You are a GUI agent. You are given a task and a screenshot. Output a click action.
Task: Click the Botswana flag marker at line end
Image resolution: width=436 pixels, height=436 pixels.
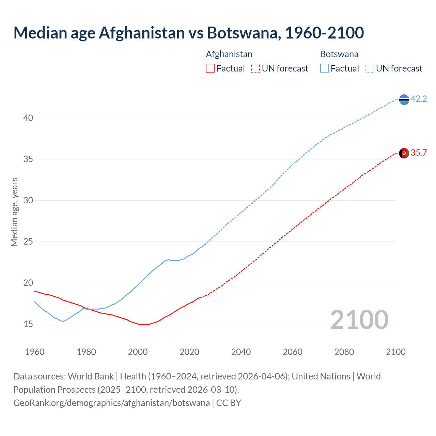404,99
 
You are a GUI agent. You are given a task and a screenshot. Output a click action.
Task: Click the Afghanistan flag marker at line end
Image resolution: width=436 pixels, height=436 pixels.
404,153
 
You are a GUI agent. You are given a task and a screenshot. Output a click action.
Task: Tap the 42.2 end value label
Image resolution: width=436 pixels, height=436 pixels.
419,99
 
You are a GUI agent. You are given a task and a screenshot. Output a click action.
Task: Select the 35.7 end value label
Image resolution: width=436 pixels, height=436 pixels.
419,153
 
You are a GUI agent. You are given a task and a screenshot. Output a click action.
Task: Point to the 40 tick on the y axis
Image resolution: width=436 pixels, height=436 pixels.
28,118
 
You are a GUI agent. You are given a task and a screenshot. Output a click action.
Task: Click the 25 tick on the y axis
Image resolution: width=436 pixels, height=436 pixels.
28,242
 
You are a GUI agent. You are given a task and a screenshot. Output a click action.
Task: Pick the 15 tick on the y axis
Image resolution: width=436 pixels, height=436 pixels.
28,324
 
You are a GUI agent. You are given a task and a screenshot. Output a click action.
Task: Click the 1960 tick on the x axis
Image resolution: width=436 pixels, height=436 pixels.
35,352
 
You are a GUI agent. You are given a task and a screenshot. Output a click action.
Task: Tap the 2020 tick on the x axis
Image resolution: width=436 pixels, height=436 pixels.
189,352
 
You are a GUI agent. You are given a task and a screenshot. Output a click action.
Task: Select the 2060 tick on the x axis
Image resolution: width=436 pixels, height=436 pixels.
293,352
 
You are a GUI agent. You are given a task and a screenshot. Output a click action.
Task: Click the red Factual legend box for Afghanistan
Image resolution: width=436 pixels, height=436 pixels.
210,68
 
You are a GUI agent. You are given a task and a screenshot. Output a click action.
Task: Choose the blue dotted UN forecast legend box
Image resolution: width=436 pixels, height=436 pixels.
370,68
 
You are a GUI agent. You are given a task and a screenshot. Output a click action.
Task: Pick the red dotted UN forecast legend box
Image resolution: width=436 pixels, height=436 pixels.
255,68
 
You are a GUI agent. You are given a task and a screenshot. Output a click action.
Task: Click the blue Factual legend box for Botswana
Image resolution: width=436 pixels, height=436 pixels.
325,68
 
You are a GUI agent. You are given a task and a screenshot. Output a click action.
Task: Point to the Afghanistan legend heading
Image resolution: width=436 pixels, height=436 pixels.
229,54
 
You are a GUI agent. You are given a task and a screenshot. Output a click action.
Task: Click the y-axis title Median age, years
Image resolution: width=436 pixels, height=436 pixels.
14,212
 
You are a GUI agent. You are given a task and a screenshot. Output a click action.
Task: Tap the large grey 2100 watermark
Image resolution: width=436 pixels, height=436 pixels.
359,320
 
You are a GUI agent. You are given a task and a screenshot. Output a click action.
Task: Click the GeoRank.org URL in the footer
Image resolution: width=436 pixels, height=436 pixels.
111,403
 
